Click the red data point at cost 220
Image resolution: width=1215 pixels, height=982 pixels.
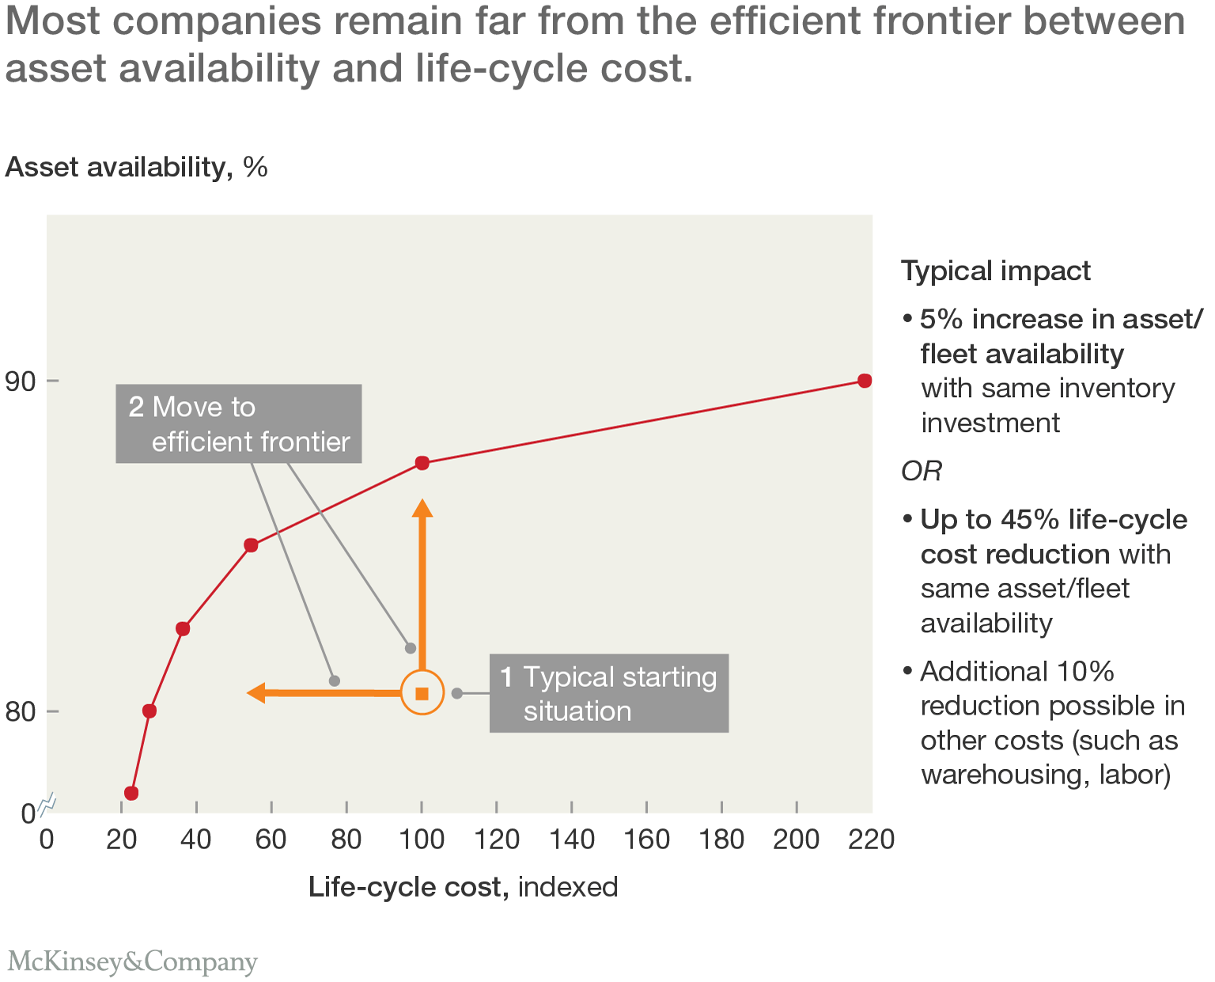(865, 381)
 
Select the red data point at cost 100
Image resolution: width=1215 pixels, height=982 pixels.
(422, 463)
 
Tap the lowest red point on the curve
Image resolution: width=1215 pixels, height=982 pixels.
(131, 793)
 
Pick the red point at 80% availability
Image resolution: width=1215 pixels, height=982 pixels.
(150, 711)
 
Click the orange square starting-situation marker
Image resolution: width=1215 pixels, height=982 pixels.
(422, 693)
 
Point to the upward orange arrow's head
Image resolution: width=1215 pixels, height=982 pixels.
(422, 508)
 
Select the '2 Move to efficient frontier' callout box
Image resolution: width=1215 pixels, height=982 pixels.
(239, 424)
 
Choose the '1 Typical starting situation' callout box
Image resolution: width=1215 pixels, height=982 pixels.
(608, 693)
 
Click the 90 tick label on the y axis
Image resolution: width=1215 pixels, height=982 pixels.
(21, 381)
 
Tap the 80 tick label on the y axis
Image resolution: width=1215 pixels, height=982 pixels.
(21, 712)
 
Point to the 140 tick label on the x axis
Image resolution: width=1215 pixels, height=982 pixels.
(571, 839)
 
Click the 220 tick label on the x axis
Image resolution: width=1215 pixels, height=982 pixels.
(871, 839)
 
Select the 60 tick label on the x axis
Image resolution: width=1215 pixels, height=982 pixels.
(271, 839)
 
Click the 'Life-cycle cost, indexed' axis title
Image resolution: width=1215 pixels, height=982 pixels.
(463, 887)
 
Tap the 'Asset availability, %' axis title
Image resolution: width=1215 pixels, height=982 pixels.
(137, 167)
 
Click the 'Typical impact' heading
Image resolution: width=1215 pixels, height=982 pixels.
(996, 271)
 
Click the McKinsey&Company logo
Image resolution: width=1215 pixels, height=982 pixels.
(132, 962)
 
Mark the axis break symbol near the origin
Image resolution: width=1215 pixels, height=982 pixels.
(47, 804)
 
